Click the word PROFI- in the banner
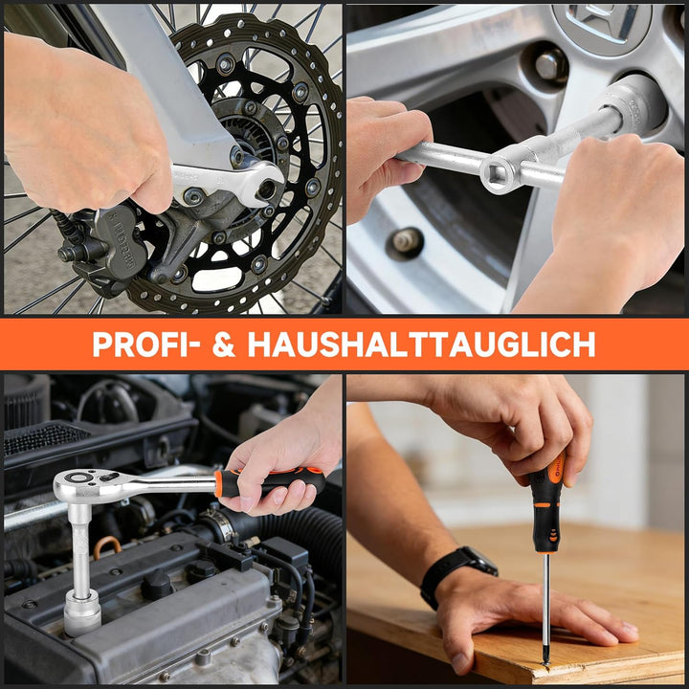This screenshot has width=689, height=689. pyautogui.click(x=146, y=344)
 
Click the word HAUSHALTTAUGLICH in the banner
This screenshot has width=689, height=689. pyautogui.click(x=421, y=344)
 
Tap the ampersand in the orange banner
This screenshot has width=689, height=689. pyautogui.click(x=224, y=344)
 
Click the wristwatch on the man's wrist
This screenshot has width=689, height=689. pyautogui.click(x=458, y=573)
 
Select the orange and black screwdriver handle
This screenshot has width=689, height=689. pyautogui.click(x=546, y=505)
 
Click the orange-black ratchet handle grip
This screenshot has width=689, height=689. pyautogui.click(x=269, y=482)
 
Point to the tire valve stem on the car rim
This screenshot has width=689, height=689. pyautogui.click(x=404, y=242)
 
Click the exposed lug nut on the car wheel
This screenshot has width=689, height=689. pyautogui.click(x=548, y=65)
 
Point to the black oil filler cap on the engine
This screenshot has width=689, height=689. pyautogui.click(x=156, y=584)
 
